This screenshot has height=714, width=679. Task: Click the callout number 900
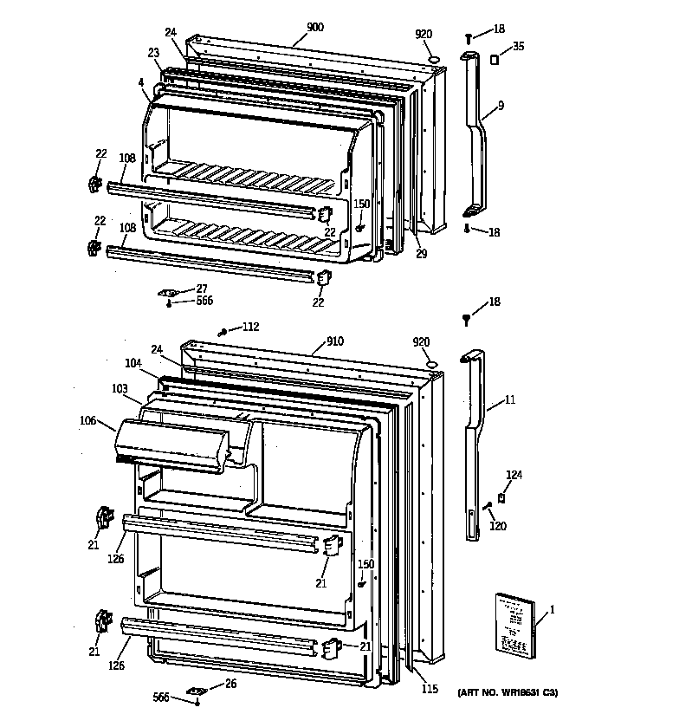[314, 28]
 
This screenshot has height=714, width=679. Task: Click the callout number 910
[334, 341]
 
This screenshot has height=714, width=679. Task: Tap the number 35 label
[518, 46]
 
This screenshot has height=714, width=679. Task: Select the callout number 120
[498, 526]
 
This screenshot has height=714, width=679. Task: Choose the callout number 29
[421, 253]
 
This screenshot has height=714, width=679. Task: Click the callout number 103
[120, 388]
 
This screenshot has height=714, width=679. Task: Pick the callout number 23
[153, 53]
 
